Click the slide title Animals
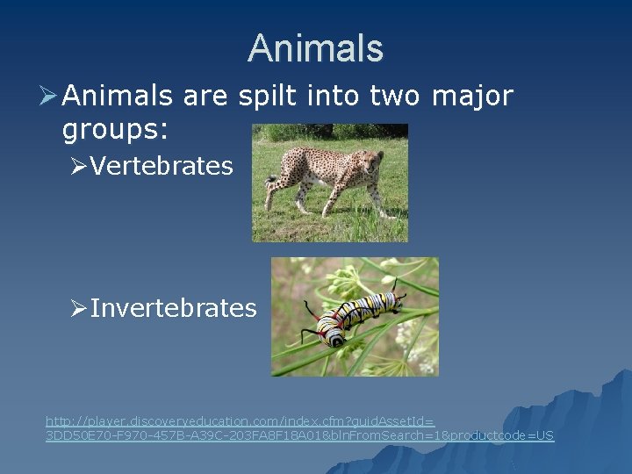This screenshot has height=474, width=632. [315, 48]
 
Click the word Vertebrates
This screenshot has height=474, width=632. [161, 166]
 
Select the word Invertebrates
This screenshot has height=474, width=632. [173, 308]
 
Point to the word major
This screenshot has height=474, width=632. [472, 96]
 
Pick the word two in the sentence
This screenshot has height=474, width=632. [395, 96]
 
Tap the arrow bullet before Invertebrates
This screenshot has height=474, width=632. [78, 308]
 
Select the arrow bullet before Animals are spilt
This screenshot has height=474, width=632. [49, 96]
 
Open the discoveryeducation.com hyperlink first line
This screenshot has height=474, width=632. [240, 421]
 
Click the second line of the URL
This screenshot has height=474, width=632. [299, 435]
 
